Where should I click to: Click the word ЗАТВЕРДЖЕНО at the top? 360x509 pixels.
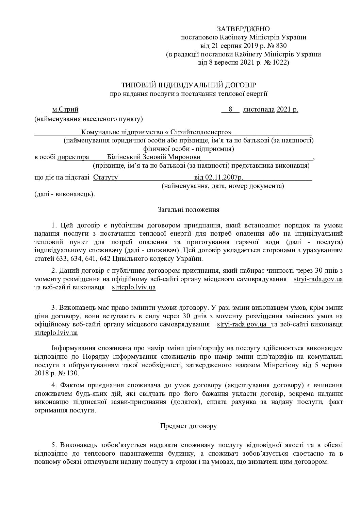[243, 29]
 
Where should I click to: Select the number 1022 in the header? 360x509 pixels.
[278, 63]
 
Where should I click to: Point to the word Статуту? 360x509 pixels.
[105, 177]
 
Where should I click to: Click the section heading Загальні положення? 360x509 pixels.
[189, 210]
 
